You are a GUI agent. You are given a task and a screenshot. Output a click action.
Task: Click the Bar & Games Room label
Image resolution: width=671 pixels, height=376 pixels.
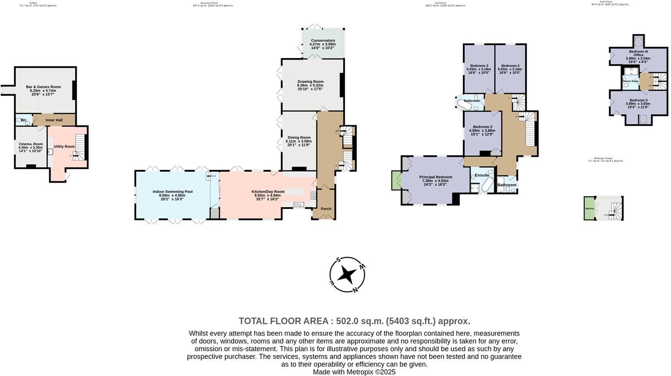pyautogui.click(x=43, y=87)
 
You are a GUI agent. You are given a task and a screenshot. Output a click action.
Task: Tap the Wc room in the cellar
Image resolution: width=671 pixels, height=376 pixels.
pyautogui.click(x=24, y=120)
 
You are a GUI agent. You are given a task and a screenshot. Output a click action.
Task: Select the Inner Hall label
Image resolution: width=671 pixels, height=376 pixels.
pyautogui.click(x=54, y=120)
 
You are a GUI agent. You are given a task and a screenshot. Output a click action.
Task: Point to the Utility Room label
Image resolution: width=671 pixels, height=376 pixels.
pyautogui.click(x=64, y=146)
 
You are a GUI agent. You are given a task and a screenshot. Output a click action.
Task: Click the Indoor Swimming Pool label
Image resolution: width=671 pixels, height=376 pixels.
pyautogui.click(x=172, y=192)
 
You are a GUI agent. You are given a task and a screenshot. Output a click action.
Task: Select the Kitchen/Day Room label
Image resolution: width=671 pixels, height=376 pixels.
pyautogui.click(x=268, y=192)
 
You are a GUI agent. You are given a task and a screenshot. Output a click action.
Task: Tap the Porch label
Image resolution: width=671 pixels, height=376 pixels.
pyautogui.click(x=326, y=208)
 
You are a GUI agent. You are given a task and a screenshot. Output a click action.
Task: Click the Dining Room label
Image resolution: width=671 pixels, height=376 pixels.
pyautogui.click(x=299, y=137)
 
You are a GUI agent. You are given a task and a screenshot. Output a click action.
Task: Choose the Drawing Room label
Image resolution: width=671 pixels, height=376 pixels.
pyautogui.click(x=310, y=82)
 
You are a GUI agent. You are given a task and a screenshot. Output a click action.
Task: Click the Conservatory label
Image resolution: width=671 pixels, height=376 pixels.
pyautogui.click(x=323, y=40)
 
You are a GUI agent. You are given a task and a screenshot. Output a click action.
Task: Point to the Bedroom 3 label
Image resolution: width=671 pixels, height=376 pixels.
pyautogui.click(x=479, y=65)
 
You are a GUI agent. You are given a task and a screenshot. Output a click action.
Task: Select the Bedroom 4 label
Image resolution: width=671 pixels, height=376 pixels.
pyautogui.click(x=510, y=65)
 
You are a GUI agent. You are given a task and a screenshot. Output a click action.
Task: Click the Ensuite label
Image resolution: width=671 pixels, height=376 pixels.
pyautogui.click(x=482, y=175)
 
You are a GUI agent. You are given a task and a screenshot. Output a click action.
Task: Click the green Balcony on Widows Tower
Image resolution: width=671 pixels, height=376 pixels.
pyautogui.click(x=589, y=208)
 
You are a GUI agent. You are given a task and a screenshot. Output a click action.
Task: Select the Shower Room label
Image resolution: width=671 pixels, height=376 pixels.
pyautogui.click(x=630, y=81)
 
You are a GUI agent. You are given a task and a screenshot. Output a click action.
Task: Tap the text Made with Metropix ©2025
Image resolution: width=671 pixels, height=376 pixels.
pyautogui.click(x=354, y=372)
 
